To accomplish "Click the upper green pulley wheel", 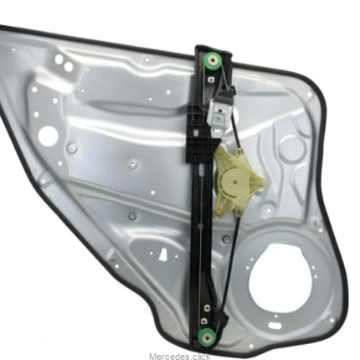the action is [x=213, y=60].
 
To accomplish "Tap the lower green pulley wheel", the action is [x=207, y=337].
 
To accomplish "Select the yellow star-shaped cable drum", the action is [x=237, y=183].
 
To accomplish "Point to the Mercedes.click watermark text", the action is [x=180, y=357].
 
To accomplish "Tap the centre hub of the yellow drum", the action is [x=234, y=183].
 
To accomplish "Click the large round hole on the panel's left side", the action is [x=49, y=136].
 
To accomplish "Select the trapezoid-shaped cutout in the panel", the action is [x=163, y=255].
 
